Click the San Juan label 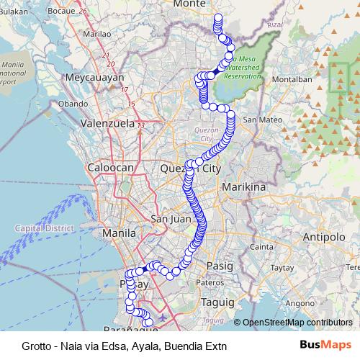(170, 219)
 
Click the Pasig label (220, 266)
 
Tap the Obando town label (73, 104)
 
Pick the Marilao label (97, 33)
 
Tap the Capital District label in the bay (45, 228)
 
